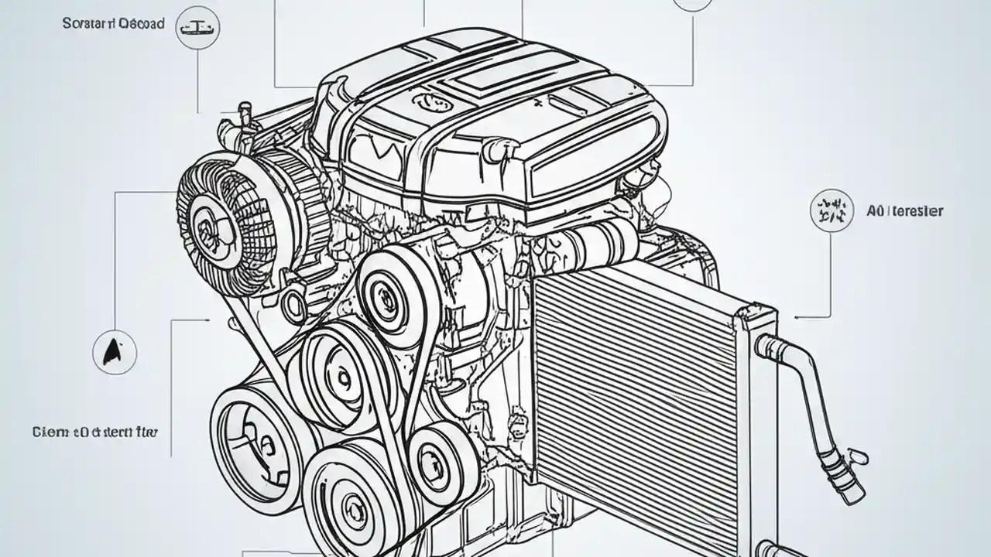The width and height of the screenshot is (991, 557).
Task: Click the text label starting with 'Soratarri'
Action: (113, 24)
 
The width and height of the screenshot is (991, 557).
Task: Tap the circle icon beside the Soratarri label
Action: (197, 29)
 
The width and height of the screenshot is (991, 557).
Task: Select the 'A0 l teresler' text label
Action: (904, 210)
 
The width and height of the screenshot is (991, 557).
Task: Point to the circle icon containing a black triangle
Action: (115, 354)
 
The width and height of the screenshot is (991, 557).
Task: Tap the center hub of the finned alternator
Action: (208, 226)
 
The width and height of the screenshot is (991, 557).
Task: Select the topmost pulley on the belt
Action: (385, 294)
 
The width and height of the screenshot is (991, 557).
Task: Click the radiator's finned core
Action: (635, 402)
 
